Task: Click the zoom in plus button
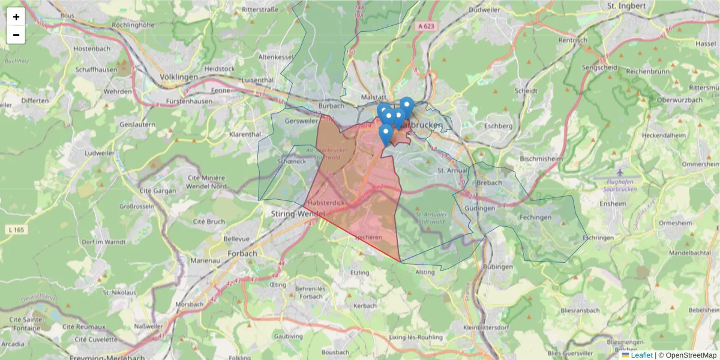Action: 16,17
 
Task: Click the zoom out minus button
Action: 16,35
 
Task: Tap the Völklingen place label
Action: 179,77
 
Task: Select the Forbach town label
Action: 242,253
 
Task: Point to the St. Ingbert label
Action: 626,6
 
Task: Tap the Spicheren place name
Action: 368,238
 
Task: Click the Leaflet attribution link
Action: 641,355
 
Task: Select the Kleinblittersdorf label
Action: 486,328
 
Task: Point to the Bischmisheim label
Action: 540,159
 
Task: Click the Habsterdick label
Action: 327,203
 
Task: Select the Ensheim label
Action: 613,203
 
